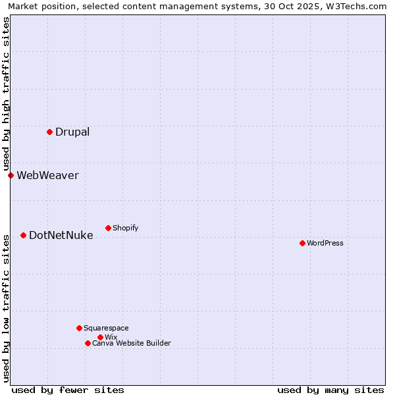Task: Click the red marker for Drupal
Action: (x=49, y=132)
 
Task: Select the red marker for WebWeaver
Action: (x=11, y=175)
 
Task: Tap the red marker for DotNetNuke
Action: (x=23, y=235)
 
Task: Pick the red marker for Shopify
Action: (x=108, y=228)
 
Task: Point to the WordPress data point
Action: (x=302, y=243)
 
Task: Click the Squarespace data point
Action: (x=79, y=328)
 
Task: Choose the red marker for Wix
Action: (x=100, y=337)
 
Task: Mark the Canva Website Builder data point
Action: (x=88, y=343)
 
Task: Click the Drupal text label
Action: (x=72, y=132)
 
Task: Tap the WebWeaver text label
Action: (x=47, y=175)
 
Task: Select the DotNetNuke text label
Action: (x=61, y=235)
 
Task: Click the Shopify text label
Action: (x=126, y=228)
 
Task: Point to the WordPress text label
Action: (x=325, y=243)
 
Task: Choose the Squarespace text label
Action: (x=106, y=328)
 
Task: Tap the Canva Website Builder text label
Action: (x=132, y=343)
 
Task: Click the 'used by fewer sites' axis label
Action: (x=68, y=390)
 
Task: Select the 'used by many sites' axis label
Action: (x=330, y=390)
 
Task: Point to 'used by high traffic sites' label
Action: (x=6, y=93)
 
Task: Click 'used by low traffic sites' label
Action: (x=6, y=307)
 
